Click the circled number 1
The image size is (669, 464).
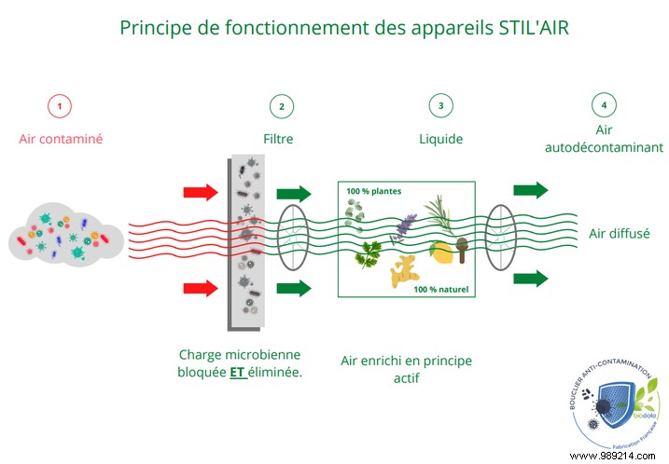pos(60,105)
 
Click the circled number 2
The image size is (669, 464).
pos(282,105)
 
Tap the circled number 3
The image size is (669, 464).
pos(440,105)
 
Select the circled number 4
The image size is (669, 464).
pos(604,105)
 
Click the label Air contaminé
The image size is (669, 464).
pos(61,140)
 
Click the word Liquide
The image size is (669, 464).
pos(440,140)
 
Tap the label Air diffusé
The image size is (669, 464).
pos(620,234)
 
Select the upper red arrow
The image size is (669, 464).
pos(199,193)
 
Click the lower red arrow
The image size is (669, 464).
pos(199,287)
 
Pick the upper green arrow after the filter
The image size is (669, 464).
pos(295,194)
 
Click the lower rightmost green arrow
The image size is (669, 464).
pos(529,278)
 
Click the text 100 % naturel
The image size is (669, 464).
pos(441,290)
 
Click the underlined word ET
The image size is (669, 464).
pos(237,371)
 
